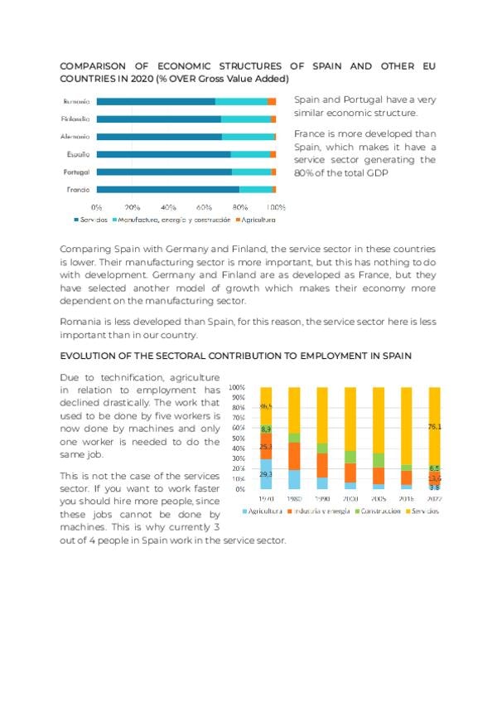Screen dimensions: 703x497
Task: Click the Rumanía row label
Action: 76,101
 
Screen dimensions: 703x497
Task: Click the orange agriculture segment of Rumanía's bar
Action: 272,101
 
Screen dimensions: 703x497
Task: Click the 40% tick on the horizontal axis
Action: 168,206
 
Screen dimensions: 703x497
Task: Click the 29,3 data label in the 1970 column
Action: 266,473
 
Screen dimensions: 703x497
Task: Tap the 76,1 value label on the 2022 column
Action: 434,427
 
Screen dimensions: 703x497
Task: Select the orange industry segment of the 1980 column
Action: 294,456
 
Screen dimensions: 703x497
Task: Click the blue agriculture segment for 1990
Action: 322,482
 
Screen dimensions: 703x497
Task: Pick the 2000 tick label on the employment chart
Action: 350,499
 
